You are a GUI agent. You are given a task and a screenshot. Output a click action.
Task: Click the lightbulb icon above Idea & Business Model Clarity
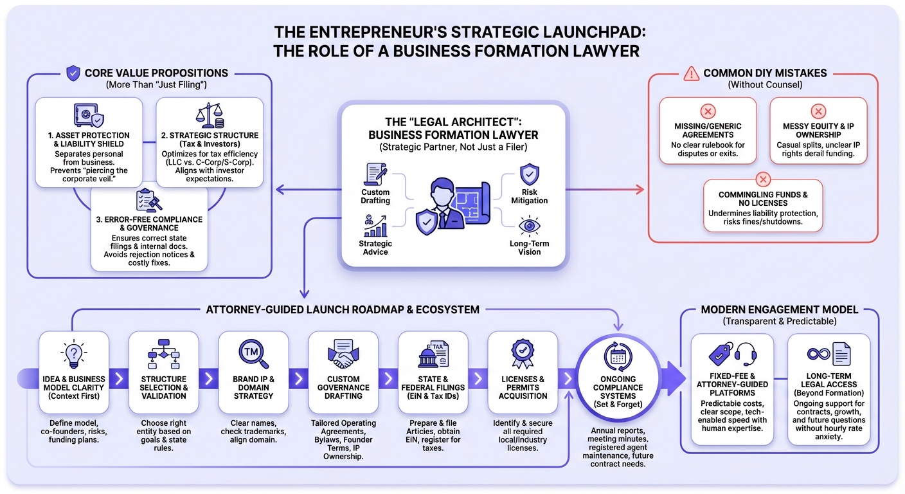(x=73, y=354)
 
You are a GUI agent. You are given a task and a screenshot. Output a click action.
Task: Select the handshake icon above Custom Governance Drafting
(x=343, y=353)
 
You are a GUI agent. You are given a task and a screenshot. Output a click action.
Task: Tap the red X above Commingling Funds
(x=762, y=179)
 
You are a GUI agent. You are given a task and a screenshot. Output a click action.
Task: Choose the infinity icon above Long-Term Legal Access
(x=819, y=354)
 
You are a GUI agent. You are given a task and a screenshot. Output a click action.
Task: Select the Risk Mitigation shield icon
(x=529, y=174)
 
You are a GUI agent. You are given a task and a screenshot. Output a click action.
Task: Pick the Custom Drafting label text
(x=375, y=196)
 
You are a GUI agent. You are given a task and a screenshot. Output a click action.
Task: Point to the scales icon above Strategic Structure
(x=209, y=116)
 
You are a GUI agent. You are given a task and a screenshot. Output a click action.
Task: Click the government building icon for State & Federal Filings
(x=427, y=353)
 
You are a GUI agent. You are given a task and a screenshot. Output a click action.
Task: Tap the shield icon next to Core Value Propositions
(x=73, y=73)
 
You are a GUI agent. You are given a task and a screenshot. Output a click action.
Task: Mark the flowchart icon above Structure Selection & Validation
(x=163, y=353)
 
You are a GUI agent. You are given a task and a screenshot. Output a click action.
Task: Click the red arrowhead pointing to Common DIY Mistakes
(x=639, y=189)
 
